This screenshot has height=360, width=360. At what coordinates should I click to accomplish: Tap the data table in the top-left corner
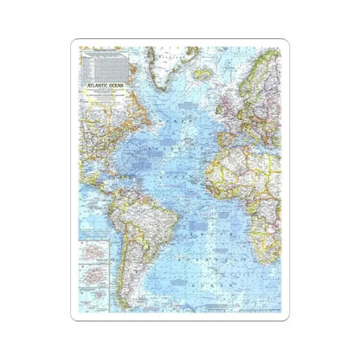click(x=103, y=62)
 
